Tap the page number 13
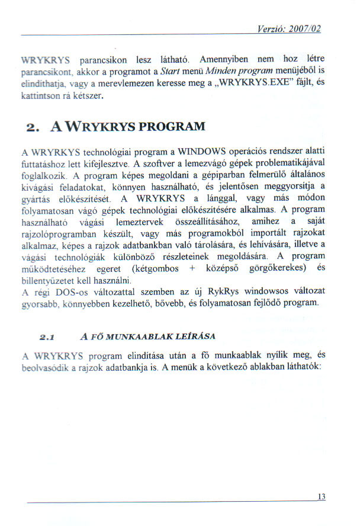322,497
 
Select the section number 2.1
46,336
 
